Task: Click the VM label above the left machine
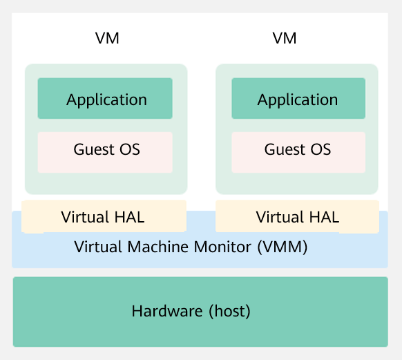(107, 39)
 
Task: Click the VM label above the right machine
(285, 39)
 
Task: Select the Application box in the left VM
(105, 99)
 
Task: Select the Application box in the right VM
(298, 99)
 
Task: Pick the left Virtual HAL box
(104, 217)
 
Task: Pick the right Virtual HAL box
(297, 217)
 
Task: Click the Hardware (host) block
(200, 312)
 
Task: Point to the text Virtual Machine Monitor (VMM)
(191, 247)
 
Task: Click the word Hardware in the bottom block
(168, 312)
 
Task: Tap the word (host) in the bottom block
(230, 312)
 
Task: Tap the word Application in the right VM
(298, 100)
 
